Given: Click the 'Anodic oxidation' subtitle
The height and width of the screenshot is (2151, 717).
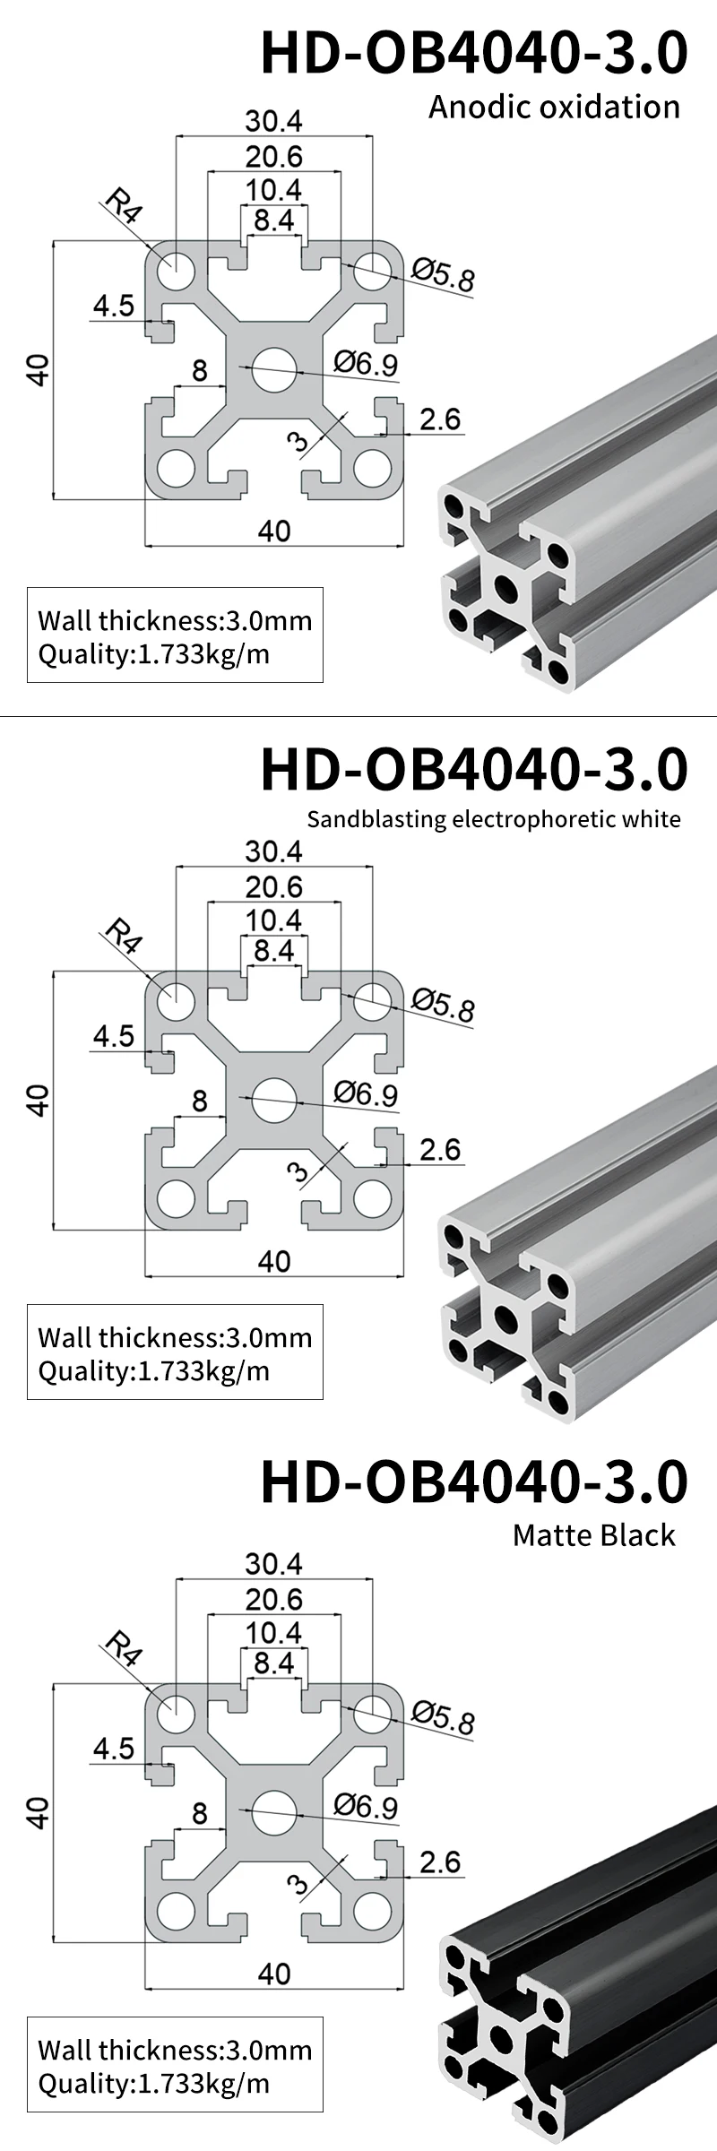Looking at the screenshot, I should click(x=554, y=107).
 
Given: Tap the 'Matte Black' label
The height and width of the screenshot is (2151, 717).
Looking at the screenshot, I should click(x=593, y=1535).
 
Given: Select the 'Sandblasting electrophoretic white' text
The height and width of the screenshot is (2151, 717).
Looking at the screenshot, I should click(x=494, y=818).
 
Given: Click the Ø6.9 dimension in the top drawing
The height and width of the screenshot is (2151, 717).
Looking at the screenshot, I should click(x=366, y=363).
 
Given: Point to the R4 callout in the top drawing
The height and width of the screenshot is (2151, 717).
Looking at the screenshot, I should click(x=123, y=205).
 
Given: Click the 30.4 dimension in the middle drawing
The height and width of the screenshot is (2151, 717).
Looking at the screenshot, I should click(x=274, y=851).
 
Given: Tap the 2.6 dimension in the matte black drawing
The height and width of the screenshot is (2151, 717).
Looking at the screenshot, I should click(x=440, y=1862).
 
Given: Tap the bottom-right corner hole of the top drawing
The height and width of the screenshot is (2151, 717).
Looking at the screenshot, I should click(x=372, y=468).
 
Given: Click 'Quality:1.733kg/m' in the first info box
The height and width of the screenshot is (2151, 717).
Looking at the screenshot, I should click(x=153, y=653).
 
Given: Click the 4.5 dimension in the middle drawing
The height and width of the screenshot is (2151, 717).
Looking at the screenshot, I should click(x=114, y=1036).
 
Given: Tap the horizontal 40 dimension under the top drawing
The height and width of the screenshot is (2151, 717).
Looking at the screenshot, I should click(x=274, y=531).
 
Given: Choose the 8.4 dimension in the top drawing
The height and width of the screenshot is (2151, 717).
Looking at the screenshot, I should click(x=274, y=220).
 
